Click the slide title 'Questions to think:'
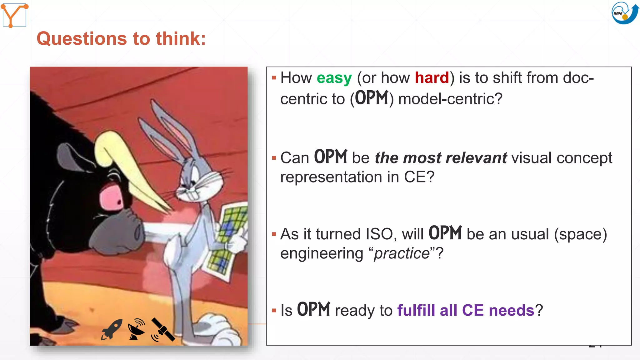coord(121,39)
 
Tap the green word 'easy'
coord(334,78)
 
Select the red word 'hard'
coord(432,78)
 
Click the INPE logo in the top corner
coord(624,13)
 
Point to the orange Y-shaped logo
coord(14,15)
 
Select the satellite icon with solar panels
coord(162,330)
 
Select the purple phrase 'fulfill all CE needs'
coord(466,310)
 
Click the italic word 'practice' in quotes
coord(402,253)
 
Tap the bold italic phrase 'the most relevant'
coord(441,158)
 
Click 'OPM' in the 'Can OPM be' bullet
coord(330,157)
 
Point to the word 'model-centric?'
coord(450,99)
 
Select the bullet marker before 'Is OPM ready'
coord(274,311)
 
